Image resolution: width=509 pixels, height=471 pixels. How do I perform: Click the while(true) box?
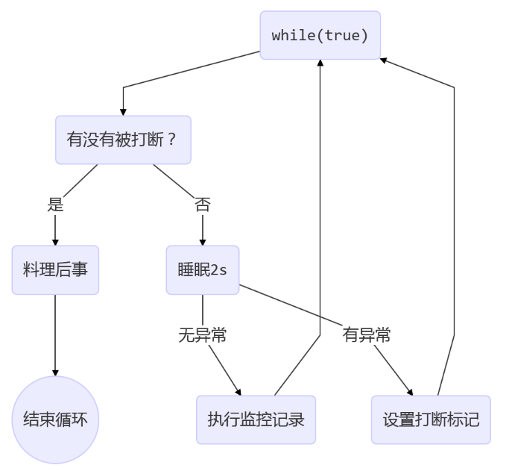click(320, 35)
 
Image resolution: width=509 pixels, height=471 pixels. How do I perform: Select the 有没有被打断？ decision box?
click(123, 140)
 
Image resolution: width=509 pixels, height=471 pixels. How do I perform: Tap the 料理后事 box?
click(55, 269)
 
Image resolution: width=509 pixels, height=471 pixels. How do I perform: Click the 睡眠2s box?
click(202, 269)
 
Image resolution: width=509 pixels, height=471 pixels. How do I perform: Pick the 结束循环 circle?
click(55, 419)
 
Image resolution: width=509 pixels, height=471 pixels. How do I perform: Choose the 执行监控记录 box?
click(256, 419)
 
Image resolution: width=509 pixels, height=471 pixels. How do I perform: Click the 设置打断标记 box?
click(431, 419)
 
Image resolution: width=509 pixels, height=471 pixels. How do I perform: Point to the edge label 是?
click(55, 205)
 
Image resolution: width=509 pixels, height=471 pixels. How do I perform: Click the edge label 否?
click(202, 205)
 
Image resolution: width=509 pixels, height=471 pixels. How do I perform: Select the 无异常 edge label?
click(202, 335)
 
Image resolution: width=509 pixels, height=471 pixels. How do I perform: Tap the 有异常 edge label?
click(367, 335)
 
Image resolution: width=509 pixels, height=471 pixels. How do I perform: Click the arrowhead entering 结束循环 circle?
click(55, 372)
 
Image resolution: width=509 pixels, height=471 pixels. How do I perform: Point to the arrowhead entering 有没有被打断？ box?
click(123, 111)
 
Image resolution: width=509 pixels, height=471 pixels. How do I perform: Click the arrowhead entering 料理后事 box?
click(55, 242)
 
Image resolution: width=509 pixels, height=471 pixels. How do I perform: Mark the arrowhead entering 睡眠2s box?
click(202, 242)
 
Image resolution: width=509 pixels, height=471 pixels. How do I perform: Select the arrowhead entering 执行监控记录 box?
click(238, 391)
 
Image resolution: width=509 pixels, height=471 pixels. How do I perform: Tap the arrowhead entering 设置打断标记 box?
click(410, 391)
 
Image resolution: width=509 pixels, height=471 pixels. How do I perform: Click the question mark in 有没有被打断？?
click(173, 140)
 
